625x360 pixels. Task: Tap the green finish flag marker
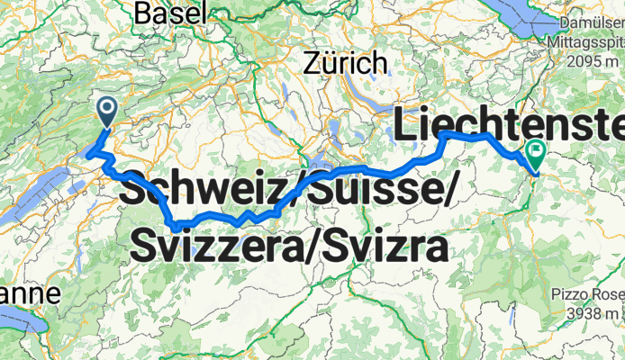coord(537,156)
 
